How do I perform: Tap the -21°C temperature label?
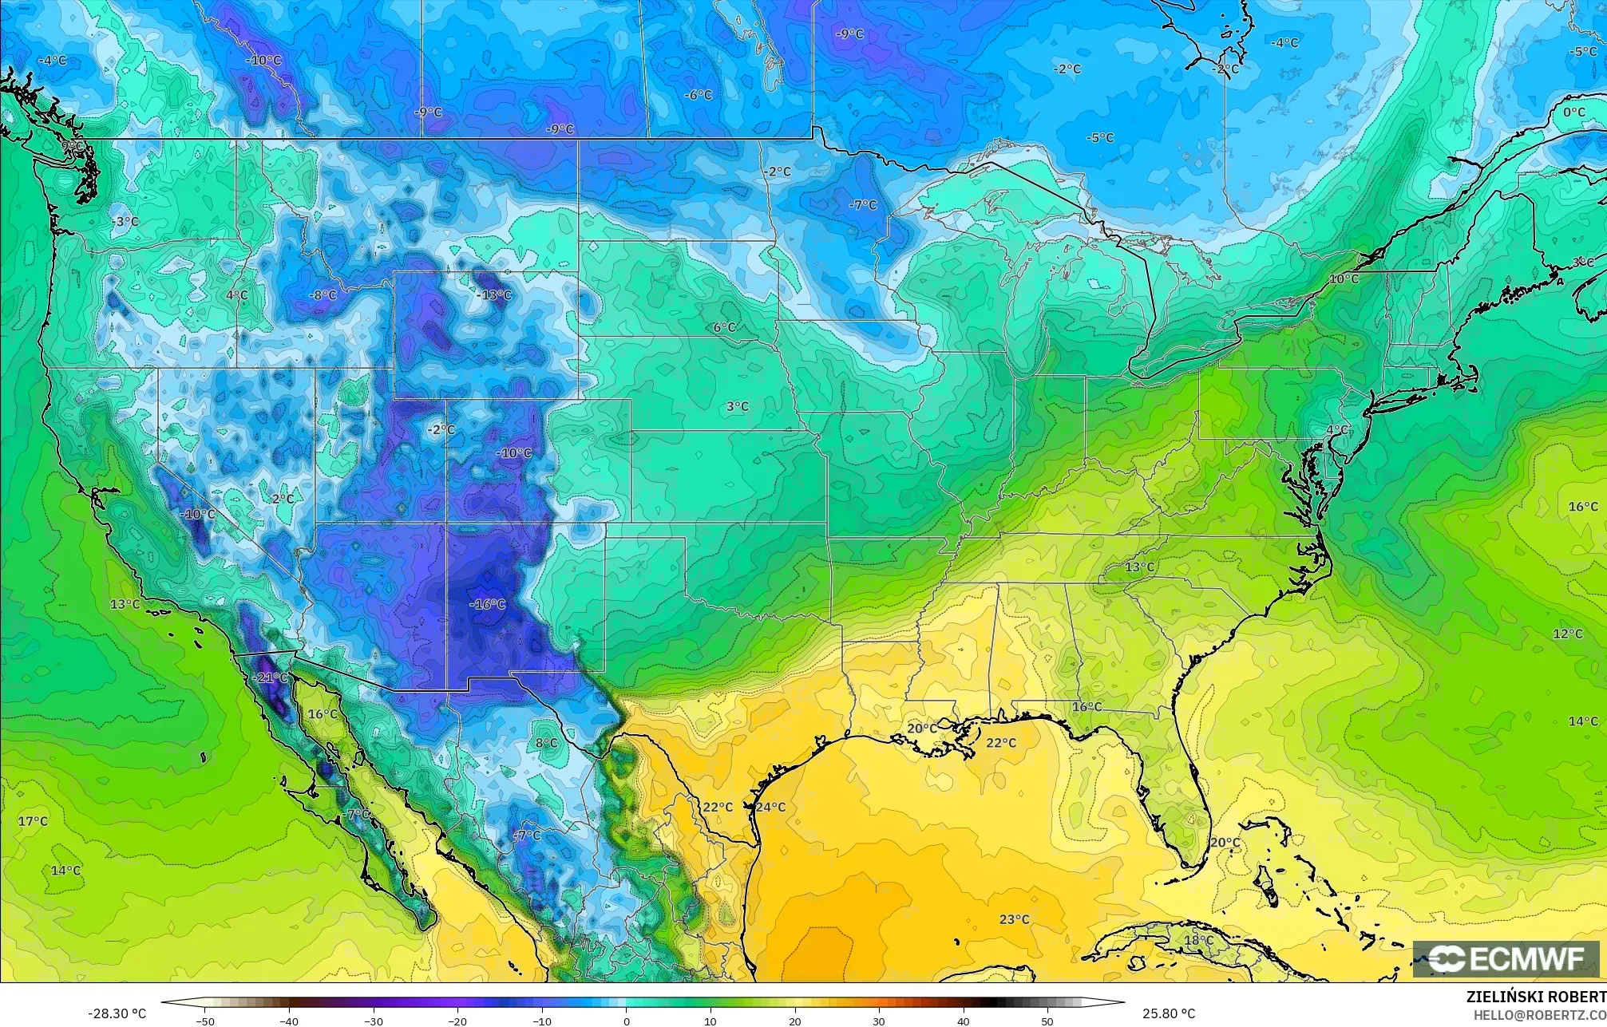tap(269, 677)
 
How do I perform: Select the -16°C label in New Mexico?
tap(487, 604)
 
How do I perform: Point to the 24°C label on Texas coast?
tap(770, 807)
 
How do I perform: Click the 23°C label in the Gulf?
tap(1014, 919)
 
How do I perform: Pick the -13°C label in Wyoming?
tap(493, 294)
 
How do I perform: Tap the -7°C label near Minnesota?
tap(862, 205)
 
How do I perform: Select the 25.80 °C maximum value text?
tap(1169, 1013)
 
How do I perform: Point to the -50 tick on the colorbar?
tap(205, 1021)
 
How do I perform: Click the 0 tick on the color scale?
tap(627, 1021)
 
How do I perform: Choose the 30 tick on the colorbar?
tap(879, 1021)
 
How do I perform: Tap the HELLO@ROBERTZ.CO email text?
tap(1539, 1015)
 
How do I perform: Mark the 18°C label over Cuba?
tap(1197, 940)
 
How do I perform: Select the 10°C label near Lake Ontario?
tap(1344, 278)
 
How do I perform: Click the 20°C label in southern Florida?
tap(1225, 842)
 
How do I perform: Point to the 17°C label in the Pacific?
tap(33, 821)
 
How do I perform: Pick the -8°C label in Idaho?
tap(323, 294)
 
